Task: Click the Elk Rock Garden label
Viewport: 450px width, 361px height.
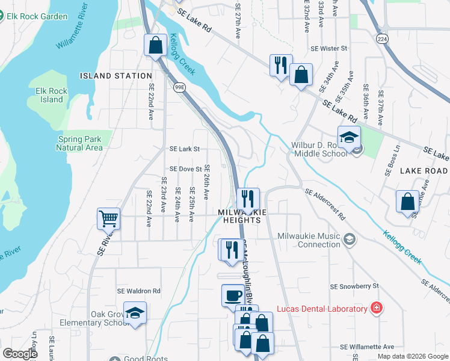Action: (37, 16)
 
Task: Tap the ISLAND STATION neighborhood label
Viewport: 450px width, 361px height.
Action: (116, 76)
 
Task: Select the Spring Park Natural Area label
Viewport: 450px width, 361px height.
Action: (80, 143)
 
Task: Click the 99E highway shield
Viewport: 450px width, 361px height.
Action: (179, 87)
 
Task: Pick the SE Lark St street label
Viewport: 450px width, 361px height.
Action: (184, 149)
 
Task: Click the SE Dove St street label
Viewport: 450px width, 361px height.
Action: (185, 170)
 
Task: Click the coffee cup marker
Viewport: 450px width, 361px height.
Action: (233, 295)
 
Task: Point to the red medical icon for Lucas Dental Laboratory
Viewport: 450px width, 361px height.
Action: (377, 309)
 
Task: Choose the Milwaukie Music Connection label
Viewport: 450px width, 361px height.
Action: (309, 240)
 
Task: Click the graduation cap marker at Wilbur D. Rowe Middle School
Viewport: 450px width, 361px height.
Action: (349, 137)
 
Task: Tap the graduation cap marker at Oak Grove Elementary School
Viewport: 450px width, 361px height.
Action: (135, 312)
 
